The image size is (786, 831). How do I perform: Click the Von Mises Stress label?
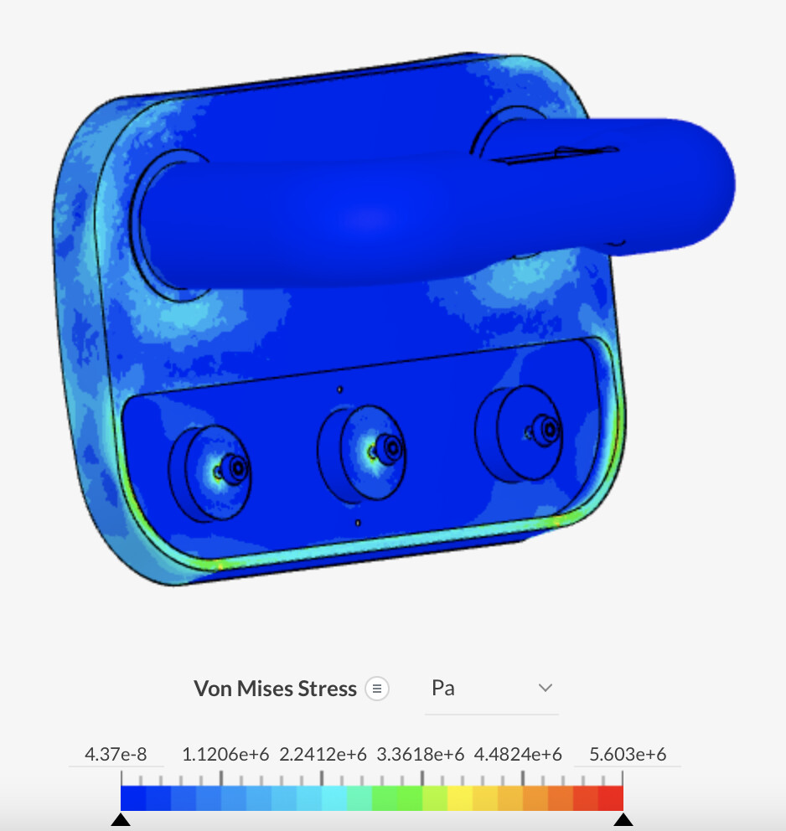pos(275,689)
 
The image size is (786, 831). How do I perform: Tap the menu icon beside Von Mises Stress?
pos(377,689)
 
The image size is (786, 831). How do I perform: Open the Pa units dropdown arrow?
pos(546,688)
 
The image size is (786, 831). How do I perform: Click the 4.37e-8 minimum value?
pos(116,755)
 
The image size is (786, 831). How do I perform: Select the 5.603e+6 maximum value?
pos(628,755)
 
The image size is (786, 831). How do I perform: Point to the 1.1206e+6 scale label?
pos(225,755)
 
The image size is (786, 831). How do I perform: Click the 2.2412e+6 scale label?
pos(323,755)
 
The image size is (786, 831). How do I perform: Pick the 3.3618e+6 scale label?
pos(421,755)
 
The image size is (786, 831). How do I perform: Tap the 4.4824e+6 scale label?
pos(518,755)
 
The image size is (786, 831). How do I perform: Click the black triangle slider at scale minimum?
pos(121,819)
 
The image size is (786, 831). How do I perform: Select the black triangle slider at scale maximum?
pos(623,819)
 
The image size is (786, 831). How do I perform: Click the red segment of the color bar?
pos(611,797)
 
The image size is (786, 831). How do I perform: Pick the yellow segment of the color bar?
pos(460,797)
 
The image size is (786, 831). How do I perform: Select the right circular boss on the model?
pos(520,431)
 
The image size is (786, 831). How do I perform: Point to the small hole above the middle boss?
pos(339,390)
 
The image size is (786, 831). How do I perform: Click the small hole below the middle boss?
pos(358,523)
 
